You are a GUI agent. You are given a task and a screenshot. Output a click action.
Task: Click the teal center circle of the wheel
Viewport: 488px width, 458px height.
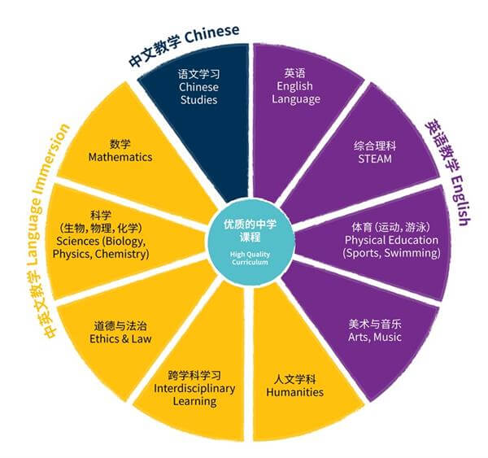coord(250,243)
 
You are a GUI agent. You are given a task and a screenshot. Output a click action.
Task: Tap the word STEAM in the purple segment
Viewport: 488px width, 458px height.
coord(375,159)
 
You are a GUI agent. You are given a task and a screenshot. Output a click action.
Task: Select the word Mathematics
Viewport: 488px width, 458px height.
coord(120,157)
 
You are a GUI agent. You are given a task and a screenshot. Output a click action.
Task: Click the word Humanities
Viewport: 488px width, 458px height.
coord(294,392)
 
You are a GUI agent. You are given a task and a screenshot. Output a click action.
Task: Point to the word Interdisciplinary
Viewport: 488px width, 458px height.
coord(194,389)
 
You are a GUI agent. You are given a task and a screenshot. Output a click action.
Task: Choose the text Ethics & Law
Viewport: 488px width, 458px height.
coord(120,338)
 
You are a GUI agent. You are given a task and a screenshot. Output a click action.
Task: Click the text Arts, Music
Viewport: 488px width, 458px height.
coord(375,337)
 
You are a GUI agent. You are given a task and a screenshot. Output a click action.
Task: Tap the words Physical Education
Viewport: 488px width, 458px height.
coord(391,240)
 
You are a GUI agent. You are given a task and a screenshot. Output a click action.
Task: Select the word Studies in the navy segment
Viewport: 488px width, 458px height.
coord(199,100)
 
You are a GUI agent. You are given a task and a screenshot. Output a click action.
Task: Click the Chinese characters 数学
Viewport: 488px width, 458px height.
coord(120,144)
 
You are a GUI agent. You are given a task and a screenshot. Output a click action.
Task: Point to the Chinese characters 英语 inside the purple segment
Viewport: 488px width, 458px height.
coord(294,73)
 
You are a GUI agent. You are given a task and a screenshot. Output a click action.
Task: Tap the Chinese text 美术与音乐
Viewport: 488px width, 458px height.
coord(375,324)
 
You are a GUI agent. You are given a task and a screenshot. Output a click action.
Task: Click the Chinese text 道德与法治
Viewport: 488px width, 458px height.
coord(120,326)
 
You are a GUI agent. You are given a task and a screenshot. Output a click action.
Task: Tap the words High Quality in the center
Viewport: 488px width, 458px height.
coord(250,255)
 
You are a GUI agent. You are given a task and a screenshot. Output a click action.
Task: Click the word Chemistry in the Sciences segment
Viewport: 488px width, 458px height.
coord(122,254)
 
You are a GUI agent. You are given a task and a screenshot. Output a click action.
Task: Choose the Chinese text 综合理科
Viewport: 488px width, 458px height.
coord(375,146)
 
